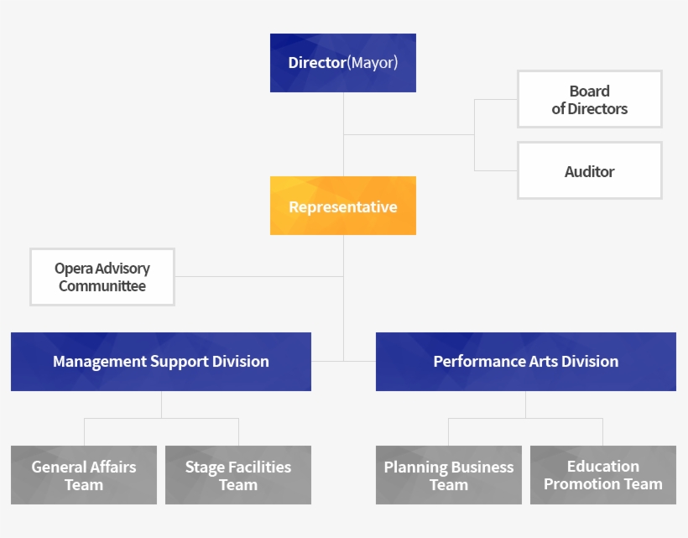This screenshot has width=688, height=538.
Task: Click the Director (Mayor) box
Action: point(343,63)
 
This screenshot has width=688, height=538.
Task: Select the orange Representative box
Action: point(343,206)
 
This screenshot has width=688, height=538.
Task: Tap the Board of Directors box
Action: point(590,99)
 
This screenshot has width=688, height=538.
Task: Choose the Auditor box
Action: point(590,170)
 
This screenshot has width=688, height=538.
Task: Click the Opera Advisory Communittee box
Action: point(102,277)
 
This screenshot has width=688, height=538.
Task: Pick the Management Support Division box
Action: point(161,362)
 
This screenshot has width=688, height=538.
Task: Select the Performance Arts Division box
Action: point(526,362)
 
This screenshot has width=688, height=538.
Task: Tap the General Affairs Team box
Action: point(84,475)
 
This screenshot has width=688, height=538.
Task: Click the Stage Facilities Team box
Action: point(238,475)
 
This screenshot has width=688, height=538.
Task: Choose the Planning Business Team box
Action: point(449,475)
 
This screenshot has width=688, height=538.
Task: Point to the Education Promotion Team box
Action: point(603,475)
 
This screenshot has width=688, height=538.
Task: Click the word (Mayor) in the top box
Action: point(373,63)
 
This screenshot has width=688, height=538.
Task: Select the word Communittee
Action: point(102,286)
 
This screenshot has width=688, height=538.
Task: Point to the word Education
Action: point(603,466)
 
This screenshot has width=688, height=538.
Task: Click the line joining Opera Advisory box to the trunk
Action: point(259,276)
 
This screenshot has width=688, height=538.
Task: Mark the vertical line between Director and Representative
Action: point(343,134)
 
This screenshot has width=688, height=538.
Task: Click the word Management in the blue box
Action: point(100,362)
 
